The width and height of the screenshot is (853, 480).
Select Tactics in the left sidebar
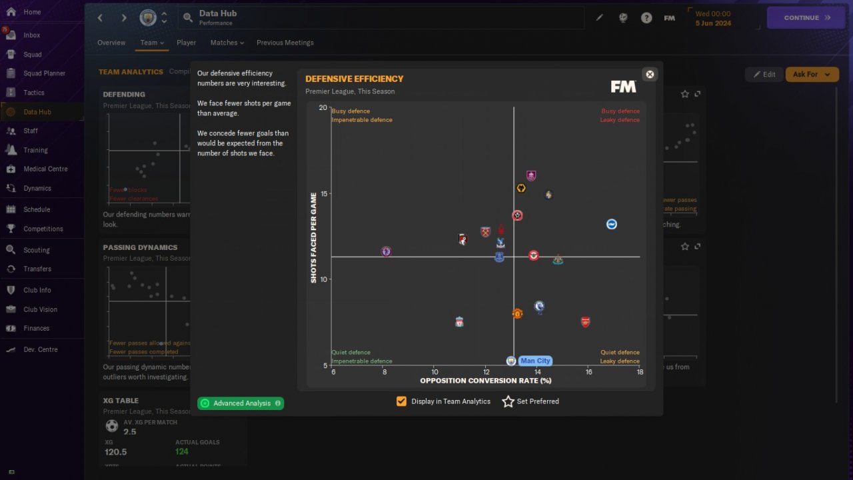33,93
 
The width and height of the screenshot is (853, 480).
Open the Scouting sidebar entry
36,250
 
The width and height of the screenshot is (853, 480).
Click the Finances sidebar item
36,328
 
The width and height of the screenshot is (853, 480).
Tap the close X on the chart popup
650,74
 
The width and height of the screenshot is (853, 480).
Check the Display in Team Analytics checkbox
401,401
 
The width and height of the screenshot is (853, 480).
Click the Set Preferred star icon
508,401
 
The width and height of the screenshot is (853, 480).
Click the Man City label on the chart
535,361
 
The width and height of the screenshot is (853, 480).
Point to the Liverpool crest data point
459,322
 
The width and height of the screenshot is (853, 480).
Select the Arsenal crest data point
585,322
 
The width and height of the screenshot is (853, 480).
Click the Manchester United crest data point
517,313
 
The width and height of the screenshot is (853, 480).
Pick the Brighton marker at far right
611,224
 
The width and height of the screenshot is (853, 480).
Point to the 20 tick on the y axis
323,108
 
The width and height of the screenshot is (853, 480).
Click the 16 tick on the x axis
588,372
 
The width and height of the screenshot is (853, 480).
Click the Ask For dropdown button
812,75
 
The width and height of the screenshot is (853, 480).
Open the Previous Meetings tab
285,43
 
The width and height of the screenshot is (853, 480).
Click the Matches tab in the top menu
227,43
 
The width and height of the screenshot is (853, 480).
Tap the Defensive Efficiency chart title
354,79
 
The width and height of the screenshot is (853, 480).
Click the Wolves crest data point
521,188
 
